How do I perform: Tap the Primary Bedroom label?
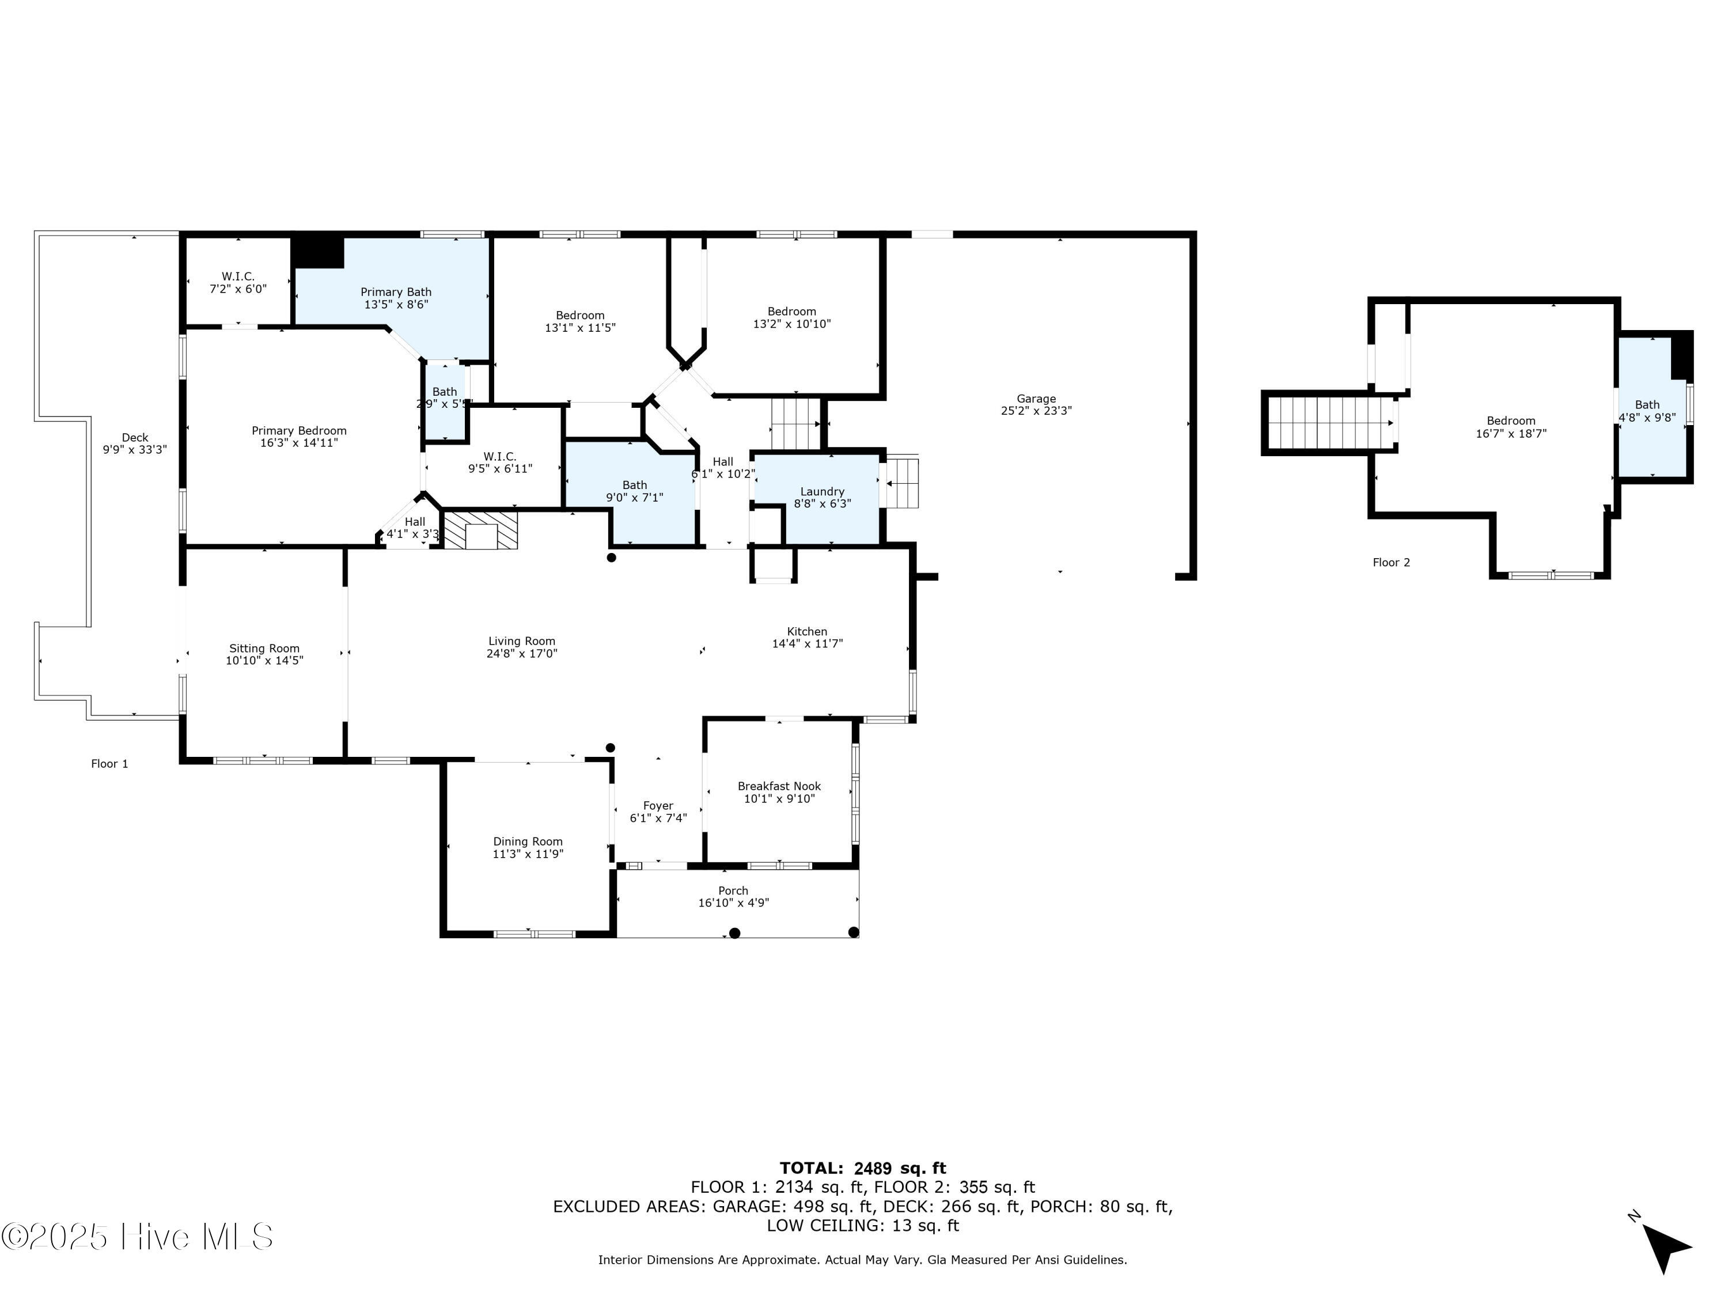tap(299, 430)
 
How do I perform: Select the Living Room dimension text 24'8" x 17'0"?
tap(522, 653)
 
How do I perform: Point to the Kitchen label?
tap(807, 631)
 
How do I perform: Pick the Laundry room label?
tap(822, 491)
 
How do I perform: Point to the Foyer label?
tap(658, 805)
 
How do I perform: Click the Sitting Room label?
tap(264, 649)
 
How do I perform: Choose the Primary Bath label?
tap(396, 292)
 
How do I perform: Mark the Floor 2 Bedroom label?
tap(1511, 421)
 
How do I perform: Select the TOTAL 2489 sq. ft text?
tap(863, 1169)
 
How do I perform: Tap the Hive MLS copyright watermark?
tap(138, 1237)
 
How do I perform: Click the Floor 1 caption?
tap(109, 764)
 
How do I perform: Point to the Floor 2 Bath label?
tap(1647, 405)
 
